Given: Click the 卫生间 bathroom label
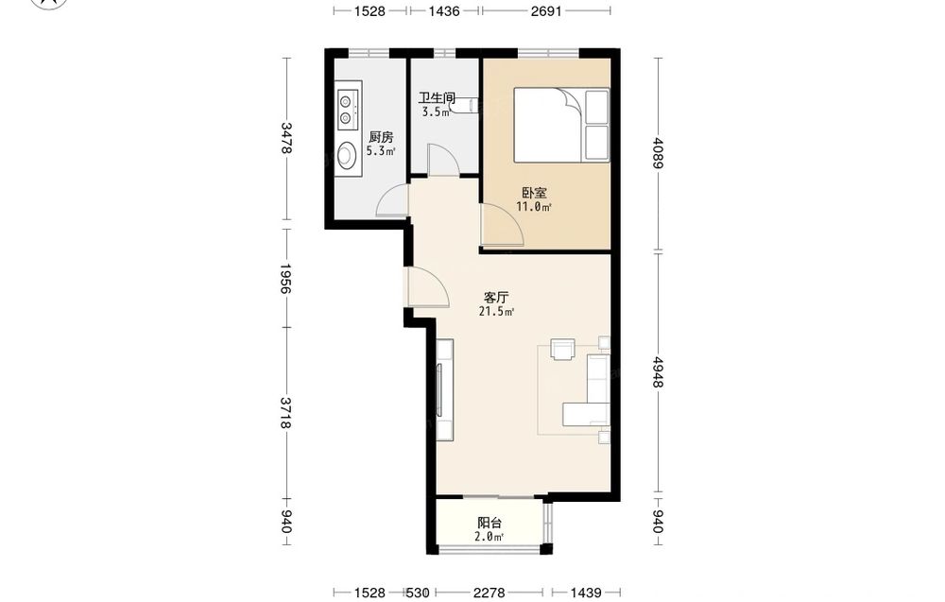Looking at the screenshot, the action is tap(437, 97).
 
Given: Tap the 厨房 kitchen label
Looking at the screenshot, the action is tap(381, 137).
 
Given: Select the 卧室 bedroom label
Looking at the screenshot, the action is tap(535, 193).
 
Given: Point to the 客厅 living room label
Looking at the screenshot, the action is tap(497, 297).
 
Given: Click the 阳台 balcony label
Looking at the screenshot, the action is tap(490, 523).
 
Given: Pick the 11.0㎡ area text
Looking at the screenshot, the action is tap(534, 207).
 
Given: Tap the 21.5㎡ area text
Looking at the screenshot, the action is tap(497, 312).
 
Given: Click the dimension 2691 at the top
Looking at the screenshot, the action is tap(546, 10).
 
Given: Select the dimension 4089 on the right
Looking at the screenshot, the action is tap(658, 154).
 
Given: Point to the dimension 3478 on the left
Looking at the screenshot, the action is tap(287, 138).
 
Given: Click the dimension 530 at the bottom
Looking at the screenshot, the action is tap(418, 593).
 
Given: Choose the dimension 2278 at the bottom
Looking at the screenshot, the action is tap(489, 593).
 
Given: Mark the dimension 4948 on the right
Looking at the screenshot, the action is tap(658, 372).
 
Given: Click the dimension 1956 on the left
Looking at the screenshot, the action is tap(287, 279).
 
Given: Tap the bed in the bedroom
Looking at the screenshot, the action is tap(561, 125).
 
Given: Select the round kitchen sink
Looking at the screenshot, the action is tap(347, 155).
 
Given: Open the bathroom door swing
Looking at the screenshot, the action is tap(443, 160).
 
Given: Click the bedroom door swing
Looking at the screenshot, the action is tap(502, 224).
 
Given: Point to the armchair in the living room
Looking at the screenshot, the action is tap(563, 349).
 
